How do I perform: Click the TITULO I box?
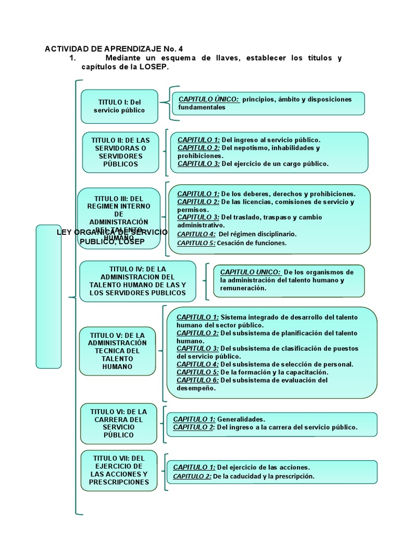[x=119, y=106]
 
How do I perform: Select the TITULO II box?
[x=120, y=152]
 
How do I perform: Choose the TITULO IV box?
[x=137, y=281]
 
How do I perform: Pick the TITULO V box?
[x=117, y=351]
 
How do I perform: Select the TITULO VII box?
[x=119, y=470]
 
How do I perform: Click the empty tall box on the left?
[x=48, y=296]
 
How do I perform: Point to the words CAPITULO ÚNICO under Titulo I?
[x=209, y=99]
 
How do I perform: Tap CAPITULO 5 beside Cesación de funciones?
[x=196, y=243]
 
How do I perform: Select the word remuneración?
[x=243, y=288]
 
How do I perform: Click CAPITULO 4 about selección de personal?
[x=197, y=364]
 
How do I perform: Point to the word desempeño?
[x=195, y=388]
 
